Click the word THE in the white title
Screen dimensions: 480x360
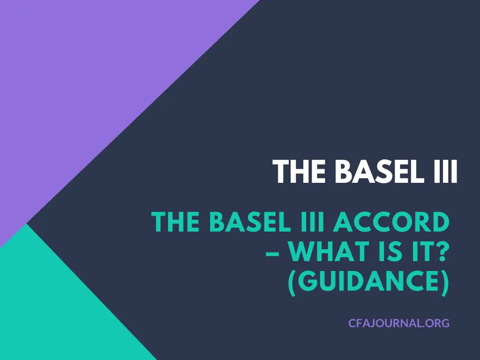point(299,172)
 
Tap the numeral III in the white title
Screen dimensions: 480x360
point(442,172)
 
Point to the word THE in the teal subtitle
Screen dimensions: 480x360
point(176,222)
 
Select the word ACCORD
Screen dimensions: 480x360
point(391,222)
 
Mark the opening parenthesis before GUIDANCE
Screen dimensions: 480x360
point(292,283)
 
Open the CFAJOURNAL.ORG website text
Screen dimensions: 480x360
point(399,323)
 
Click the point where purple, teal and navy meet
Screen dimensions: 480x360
point(26,224)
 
